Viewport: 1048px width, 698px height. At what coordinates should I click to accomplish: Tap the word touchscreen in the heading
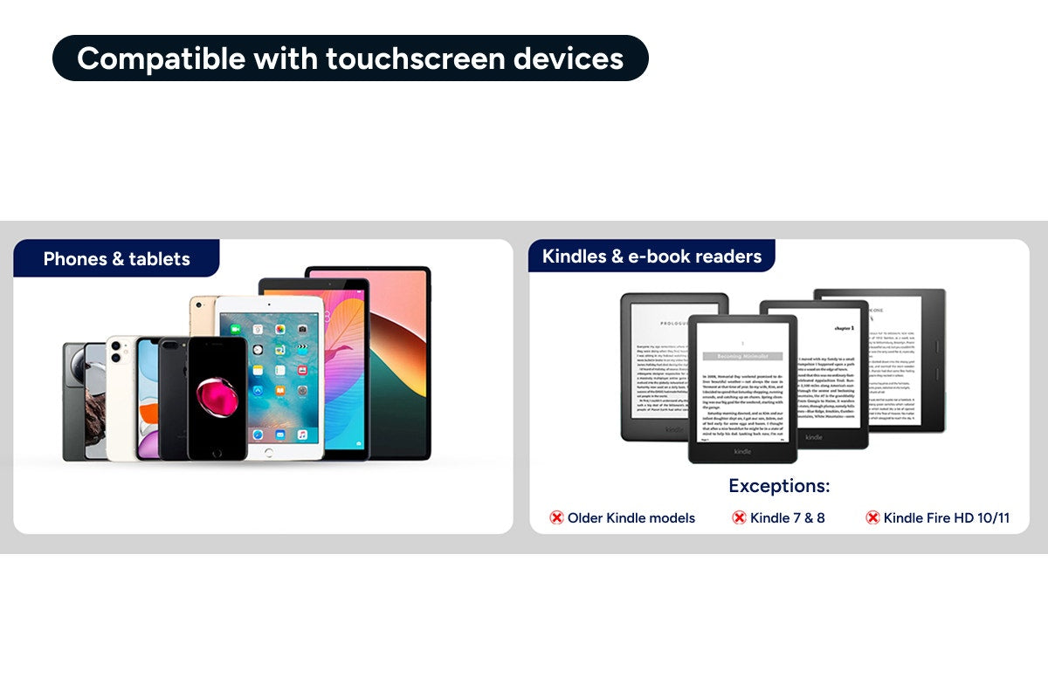[415, 58]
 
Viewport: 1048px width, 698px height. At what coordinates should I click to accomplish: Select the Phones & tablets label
[116, 258]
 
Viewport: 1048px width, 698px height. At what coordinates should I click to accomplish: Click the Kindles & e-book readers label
[652, 257]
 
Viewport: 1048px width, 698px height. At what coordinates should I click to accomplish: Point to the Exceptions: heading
[779, 486]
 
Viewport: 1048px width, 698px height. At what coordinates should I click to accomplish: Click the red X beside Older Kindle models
[556, 518]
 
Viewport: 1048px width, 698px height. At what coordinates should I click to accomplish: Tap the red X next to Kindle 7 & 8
[739, 518]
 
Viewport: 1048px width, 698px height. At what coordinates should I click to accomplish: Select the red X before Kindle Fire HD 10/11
[872, 518]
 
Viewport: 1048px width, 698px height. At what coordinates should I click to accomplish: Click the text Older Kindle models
[631, 518]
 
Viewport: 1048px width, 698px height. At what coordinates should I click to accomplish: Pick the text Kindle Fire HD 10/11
[946, 518]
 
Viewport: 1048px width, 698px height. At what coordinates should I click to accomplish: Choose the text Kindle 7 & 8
[787, 518]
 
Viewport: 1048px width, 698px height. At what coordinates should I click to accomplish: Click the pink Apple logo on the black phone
[217, 397]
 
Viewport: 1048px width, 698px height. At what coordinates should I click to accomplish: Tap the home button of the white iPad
[269, 451]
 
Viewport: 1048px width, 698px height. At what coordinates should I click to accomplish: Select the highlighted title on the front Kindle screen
[741, 356]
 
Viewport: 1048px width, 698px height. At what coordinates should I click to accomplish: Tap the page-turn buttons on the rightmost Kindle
[935, 359]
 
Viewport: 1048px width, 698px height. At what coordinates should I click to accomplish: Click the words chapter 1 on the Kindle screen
[844, 328]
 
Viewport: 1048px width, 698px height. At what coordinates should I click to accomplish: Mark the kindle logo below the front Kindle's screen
[742, 451]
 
